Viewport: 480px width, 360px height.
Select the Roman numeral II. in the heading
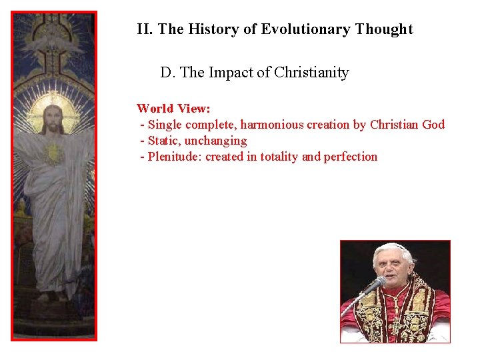(145, 29)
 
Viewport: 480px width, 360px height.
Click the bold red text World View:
(173, 108)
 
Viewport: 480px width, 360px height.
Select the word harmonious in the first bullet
(271, 125)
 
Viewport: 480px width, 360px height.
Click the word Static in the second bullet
(163, 141)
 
